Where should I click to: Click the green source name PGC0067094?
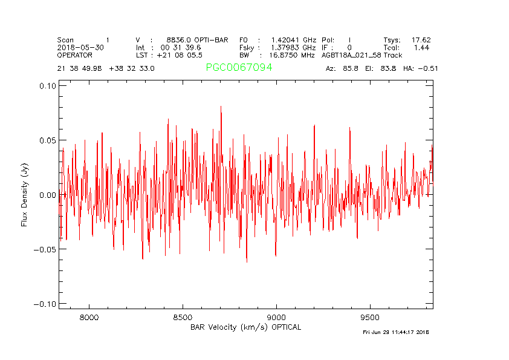click(239, 68)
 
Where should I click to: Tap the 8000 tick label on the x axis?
click(89, 317)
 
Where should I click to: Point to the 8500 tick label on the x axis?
click(183, 317)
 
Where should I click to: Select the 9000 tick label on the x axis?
click(276, 317)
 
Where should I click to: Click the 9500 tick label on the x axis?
click(369, 317)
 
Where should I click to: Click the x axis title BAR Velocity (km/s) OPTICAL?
click(245, 327)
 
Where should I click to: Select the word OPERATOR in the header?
click(75, 55)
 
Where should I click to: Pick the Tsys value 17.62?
click(421, 40)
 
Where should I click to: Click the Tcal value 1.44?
click(422, 47)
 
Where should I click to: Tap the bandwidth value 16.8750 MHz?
click(292, 55)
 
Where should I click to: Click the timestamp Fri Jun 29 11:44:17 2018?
click(395, 332)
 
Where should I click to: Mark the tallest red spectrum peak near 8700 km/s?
click(221, 107)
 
